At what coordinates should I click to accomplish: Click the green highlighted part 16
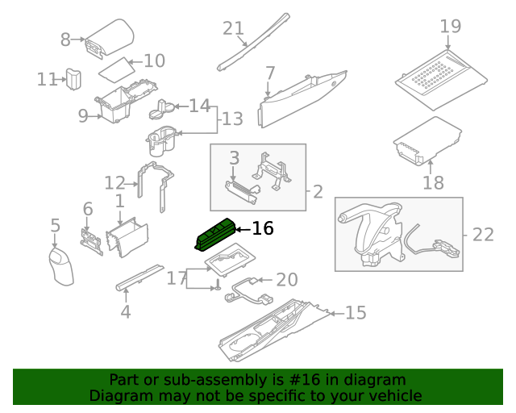point(215,235)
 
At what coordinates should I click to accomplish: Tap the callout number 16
point(263,229)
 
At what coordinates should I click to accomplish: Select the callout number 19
point(451,26)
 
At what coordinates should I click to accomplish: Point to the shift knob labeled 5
point(61,265)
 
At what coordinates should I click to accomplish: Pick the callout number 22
point(482,235)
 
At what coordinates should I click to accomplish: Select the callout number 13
point(232,119)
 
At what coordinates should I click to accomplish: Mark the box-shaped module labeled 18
point(426,141)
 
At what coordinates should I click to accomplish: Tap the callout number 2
point(318,192)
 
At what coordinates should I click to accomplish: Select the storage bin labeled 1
point(127,239)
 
